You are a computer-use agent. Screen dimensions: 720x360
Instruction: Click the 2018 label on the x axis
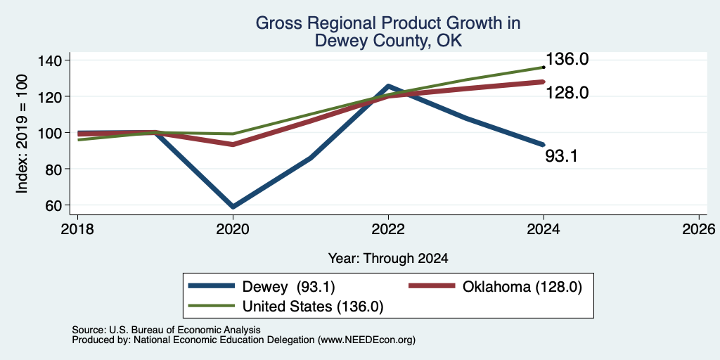tap(77, 229)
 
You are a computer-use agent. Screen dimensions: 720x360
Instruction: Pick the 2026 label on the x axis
tap(699, 229)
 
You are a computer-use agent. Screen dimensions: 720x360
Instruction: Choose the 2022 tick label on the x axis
tap(388, 229)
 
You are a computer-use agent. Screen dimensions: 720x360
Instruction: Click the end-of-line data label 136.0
tap(567, 59)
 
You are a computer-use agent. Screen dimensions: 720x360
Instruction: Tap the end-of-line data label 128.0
tap(567, 94)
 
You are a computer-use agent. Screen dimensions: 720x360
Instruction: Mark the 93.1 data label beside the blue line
tap(561, 156)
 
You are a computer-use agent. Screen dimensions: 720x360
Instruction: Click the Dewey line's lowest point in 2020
tap(233, 207)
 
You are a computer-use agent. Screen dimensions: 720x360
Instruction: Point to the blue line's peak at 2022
tap(388, 86)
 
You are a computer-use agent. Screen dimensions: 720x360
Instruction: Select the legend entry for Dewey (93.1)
tap(262, 287)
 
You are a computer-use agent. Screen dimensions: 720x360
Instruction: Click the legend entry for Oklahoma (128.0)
tap(496, 287)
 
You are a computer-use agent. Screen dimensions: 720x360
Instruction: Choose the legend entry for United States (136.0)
tap(285, 306)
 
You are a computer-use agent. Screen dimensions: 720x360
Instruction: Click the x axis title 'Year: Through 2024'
tap(388, 259)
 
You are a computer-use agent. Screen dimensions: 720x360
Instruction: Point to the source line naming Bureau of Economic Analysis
tap(166, 330)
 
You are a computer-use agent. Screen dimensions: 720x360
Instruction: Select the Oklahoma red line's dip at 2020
tap(233, 144)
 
